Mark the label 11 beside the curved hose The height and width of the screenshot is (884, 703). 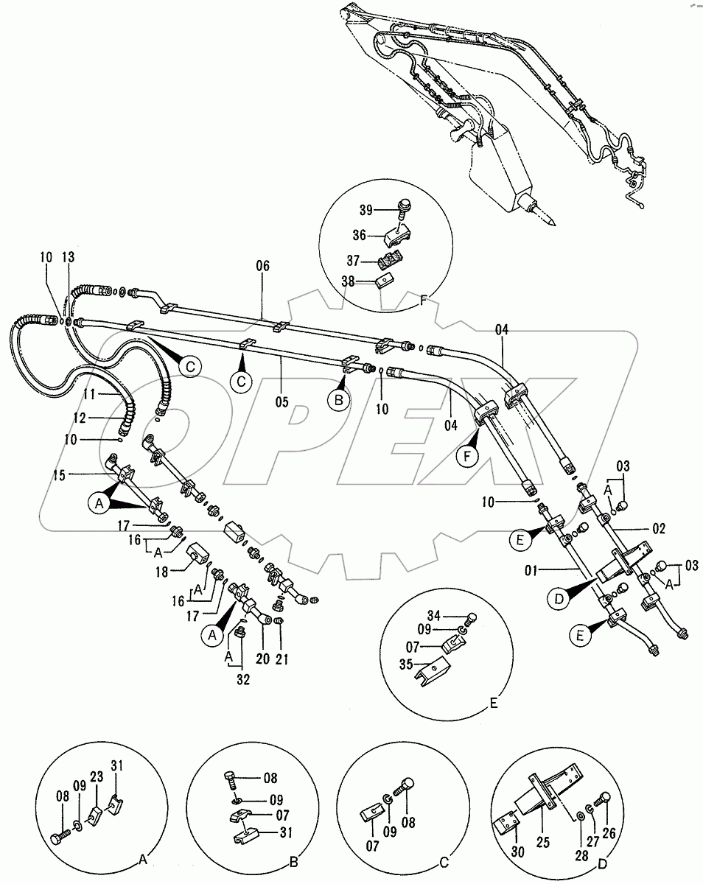point(89,395)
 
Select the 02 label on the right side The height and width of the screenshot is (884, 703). point(658,528)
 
